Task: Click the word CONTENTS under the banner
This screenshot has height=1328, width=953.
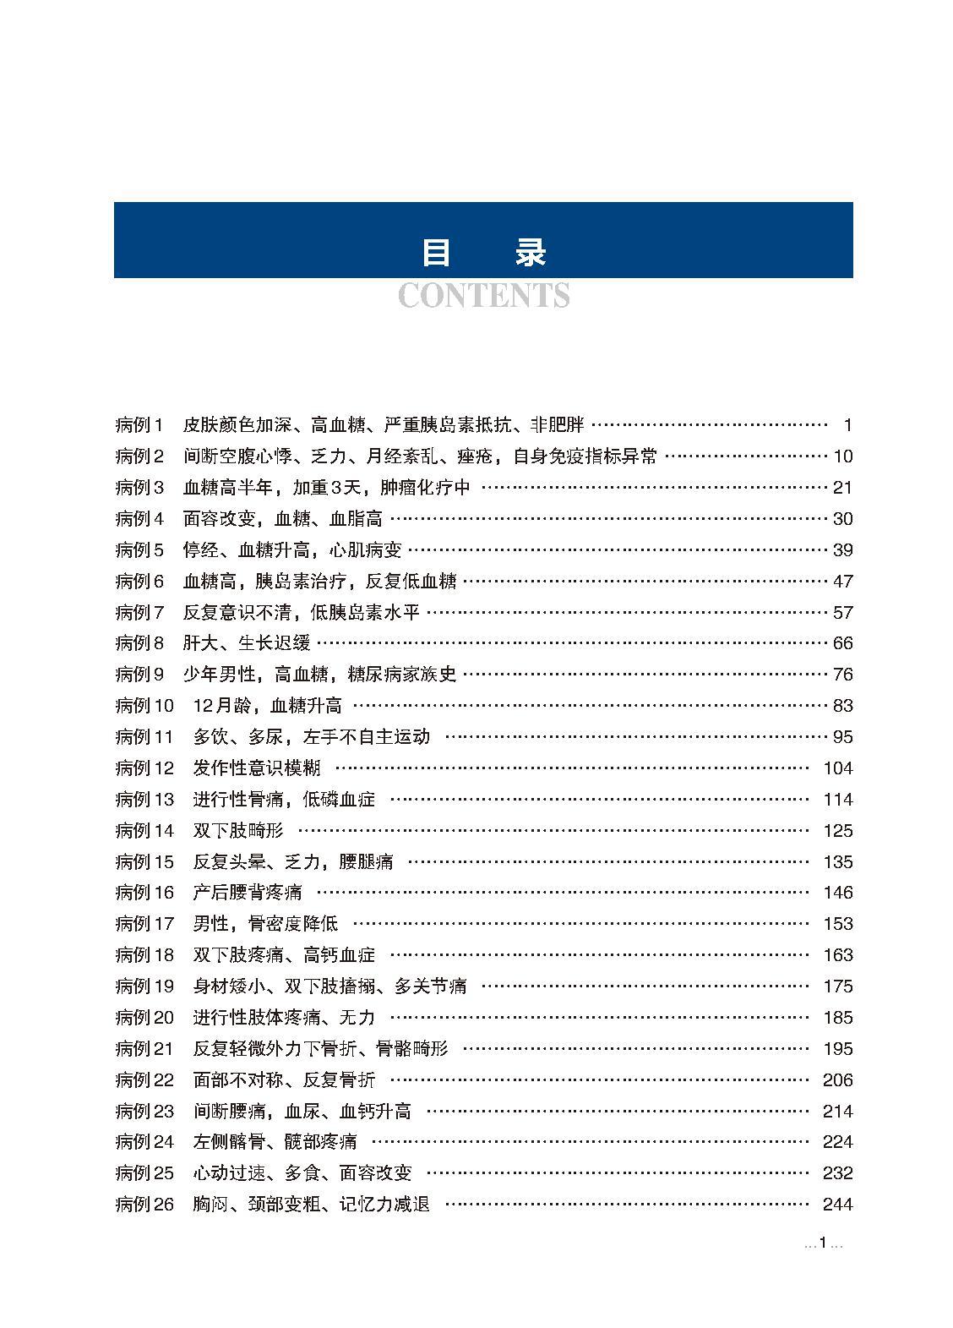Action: point(483,296)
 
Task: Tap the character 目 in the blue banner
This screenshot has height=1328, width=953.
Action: point(436,253)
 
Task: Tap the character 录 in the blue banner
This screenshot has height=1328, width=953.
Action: point(531,253)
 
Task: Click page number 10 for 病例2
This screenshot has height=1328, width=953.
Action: point(842,456)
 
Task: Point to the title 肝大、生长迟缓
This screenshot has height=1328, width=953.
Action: point(247,643)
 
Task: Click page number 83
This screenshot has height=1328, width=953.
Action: point(842,706)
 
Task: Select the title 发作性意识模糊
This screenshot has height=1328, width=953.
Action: point(257,768)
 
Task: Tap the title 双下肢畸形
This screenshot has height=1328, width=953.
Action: point(238,831)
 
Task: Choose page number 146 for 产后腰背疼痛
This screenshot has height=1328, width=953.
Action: point(837,893)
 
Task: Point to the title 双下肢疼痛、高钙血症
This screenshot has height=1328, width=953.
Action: point(284,955)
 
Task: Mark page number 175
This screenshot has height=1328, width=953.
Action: point(837,986)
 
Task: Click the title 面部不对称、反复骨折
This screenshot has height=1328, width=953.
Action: point(284,1080)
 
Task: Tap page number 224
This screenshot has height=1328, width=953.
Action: point(837,1142)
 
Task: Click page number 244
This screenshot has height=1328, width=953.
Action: point(837,1205)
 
